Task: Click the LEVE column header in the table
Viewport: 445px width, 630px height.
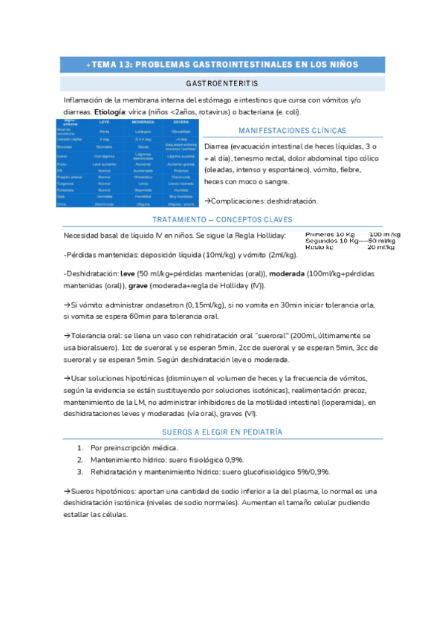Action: (103, 121)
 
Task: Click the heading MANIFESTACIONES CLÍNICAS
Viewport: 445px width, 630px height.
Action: (293, 130)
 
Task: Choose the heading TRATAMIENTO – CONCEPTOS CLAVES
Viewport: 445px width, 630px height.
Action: (222, 220)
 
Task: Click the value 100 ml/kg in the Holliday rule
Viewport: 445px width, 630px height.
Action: (384, 234)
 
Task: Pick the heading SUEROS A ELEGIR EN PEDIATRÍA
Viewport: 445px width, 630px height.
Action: (222, 432)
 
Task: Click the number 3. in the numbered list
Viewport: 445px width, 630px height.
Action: (79, 472)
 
